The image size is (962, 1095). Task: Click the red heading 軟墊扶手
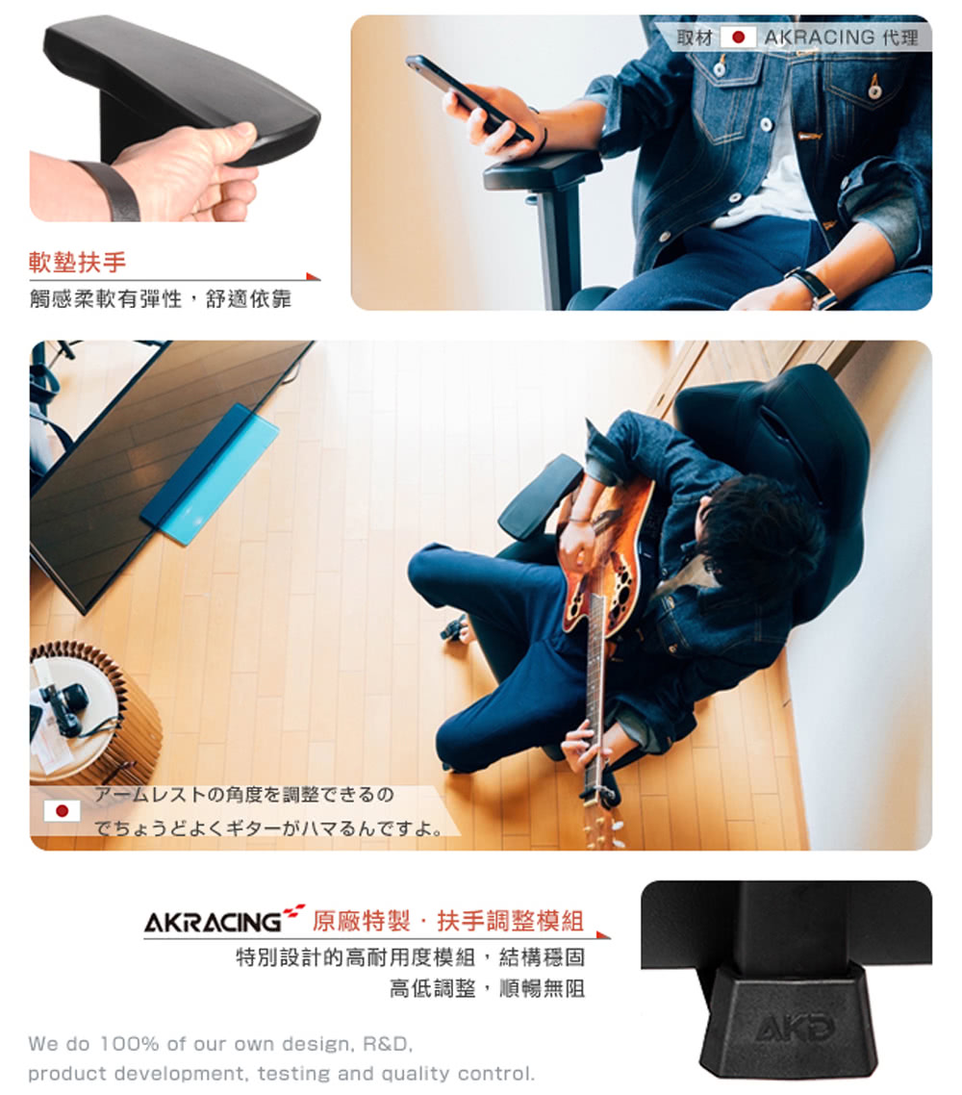tap(78, 262)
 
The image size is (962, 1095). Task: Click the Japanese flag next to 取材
tap(739, 38)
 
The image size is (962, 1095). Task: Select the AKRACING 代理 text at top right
tap(841, 38)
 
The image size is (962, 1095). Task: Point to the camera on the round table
tap(62, 706)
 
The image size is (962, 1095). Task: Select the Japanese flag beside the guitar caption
tap(62, 810)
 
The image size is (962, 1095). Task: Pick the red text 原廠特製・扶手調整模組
tap(448, 921)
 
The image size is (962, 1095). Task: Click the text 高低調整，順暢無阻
tap(487, 988)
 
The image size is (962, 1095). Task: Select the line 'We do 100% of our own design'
tap(220, 1044)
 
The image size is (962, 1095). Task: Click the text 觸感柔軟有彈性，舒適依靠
tap(160, 299)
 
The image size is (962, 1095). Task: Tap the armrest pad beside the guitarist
tap(541, 496)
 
